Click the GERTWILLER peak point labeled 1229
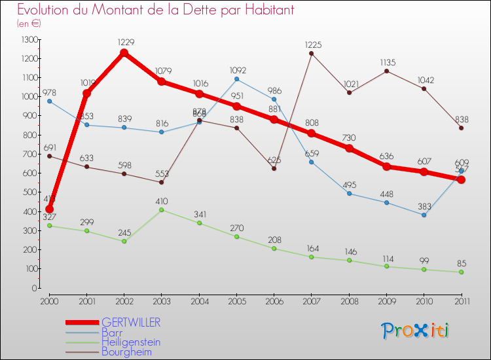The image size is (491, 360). coord(124,53)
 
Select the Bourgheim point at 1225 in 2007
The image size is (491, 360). coord(311,54)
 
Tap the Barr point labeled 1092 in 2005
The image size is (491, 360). coord(236,79)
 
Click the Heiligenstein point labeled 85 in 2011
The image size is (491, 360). coord(462,272)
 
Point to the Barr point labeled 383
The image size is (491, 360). coord(424,215)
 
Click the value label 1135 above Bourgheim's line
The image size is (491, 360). coord(387,63)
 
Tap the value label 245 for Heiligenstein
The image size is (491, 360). coord(124,232)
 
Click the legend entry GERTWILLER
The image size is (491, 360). coord(131,323)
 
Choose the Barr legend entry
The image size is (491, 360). coord(113,333)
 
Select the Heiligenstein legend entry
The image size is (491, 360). coord(131,342)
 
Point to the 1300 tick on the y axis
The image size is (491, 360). coord(29,39)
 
